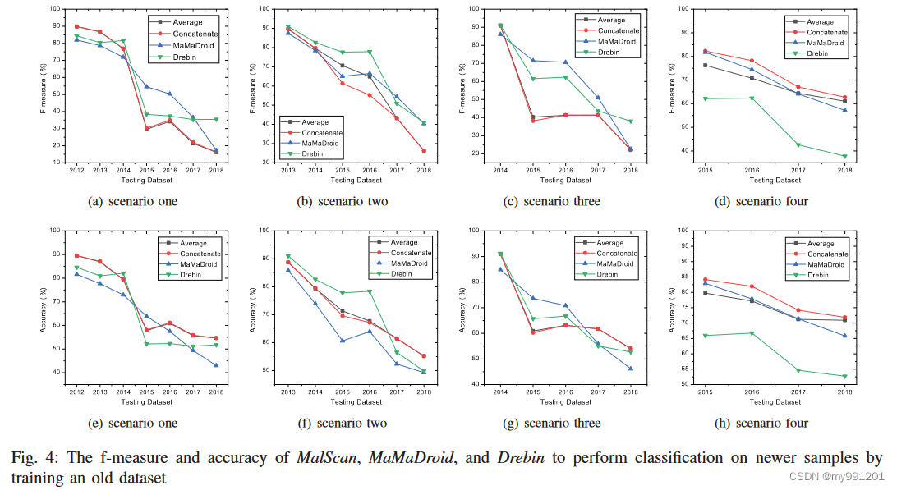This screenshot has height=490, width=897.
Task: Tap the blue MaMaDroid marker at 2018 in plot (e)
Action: [216, 366]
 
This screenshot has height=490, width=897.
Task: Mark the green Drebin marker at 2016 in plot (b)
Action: [370, 52]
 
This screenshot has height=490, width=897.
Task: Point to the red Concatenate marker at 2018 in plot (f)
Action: [424, 356]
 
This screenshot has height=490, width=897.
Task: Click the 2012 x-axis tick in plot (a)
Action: [76, 172]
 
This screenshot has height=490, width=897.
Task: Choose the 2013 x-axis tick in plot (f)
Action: [287, 393]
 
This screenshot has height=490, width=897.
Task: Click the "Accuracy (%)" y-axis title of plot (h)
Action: [674, 306]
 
